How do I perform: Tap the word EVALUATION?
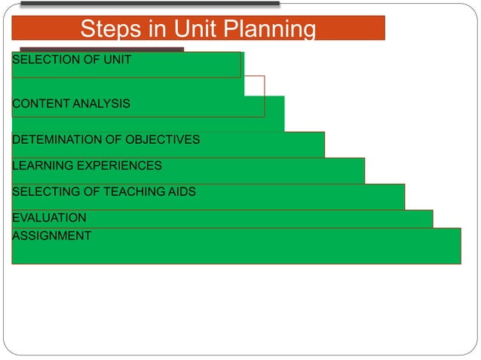(49, 218)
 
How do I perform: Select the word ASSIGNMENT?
(51, 236)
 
